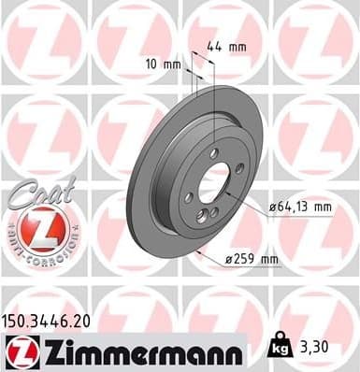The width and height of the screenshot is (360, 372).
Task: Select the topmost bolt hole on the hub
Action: (x=215, y=151)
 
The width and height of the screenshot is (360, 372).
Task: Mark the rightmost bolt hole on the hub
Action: (x=239, y=168)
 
